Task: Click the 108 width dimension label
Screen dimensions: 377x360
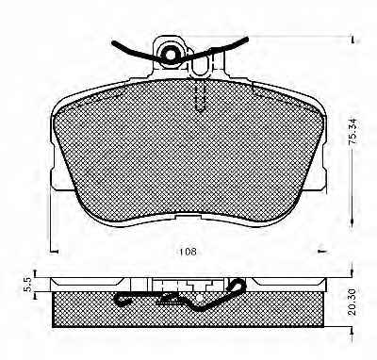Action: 188,252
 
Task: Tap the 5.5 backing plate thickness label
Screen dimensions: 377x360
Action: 28,284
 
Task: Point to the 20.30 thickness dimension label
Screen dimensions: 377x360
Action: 352,302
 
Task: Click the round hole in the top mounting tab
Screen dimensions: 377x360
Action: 171,55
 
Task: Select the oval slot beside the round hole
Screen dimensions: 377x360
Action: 201,65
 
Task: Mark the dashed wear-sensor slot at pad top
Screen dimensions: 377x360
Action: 201,95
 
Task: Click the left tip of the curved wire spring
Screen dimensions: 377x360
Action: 113,42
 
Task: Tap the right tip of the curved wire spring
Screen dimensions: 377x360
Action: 247,39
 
